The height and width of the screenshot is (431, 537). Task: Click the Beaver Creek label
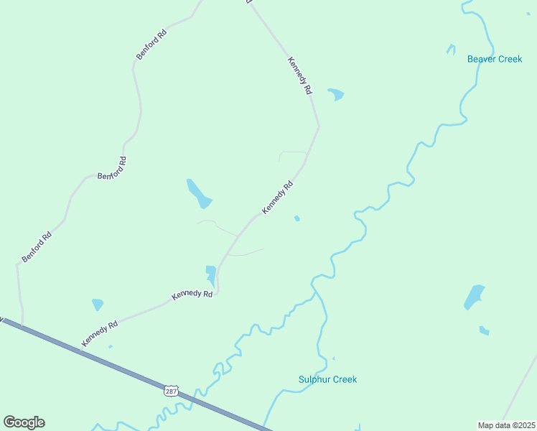[495, 59]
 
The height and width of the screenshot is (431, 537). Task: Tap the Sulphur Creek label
[327, 379]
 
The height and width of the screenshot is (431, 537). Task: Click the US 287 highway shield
[170, 390]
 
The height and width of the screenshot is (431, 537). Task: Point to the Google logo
[24, 422]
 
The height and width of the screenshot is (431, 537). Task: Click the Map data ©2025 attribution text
[507, 425]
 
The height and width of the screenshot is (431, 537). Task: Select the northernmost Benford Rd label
[151, 45]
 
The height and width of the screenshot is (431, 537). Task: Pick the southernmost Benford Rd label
[36, 246]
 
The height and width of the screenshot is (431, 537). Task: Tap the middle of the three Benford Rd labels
[112, 168]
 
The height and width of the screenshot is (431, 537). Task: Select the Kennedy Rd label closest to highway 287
[99, 334]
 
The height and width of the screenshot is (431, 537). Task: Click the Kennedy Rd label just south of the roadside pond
[192, 295]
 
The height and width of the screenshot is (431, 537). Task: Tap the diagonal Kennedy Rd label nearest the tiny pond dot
[278, 197]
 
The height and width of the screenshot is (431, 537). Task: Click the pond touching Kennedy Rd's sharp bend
[211, 274]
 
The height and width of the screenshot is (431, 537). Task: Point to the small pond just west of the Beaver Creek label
[451, 50]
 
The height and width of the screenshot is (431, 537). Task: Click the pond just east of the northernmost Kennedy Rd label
[336, 94]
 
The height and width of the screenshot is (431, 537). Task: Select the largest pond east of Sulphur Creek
[474, 296]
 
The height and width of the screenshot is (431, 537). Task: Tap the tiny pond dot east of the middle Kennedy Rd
[297, 218]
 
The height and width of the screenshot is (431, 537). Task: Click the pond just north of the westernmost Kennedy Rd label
[98, 305]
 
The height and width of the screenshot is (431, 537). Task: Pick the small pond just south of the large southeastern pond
[484, 330]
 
